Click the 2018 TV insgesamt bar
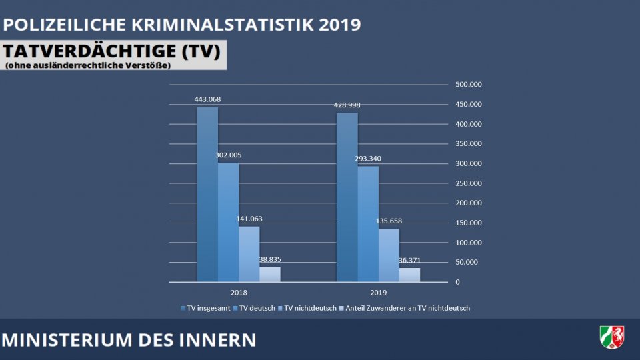[207, 194]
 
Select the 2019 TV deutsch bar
[368, 223]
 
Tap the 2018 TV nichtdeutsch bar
[249, 254]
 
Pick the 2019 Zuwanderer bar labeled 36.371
[409, 275]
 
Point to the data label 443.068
[207, 99]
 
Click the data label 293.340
[367, 159]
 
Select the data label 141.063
[248, 219]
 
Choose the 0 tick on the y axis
[457, 282]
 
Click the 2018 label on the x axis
[239, 293]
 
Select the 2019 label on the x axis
[378, 293]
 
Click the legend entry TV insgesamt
[207, 308]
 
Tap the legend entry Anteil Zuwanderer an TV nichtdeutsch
[407, 308]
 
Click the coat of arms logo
[611, 337]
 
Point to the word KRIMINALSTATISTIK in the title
[223, 25]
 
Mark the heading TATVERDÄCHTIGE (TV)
[113, 51]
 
